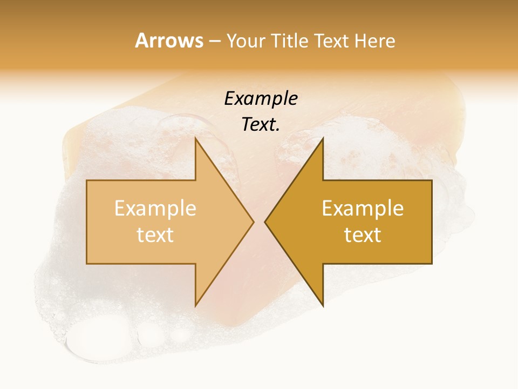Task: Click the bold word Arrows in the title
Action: click(169, 41)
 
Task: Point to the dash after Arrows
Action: click(214, 41)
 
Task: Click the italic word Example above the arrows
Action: click(261, 99)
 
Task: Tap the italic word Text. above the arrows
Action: click(261, 125)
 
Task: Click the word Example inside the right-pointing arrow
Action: click(155, 208)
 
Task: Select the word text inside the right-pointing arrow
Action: click(155, 234)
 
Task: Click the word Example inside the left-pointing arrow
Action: click(363, 208)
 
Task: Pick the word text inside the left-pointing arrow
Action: click(363, 234)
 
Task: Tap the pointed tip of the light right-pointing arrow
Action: click(254, 222)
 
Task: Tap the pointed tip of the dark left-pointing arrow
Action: click(265, 222)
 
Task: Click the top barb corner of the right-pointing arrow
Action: click(195, 138)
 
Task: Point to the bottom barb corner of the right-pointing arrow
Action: click(195, 306)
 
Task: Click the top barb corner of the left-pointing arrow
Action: click(323, 138)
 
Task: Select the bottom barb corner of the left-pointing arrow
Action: click(323, 306)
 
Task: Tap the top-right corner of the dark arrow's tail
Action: click(432, 180)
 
